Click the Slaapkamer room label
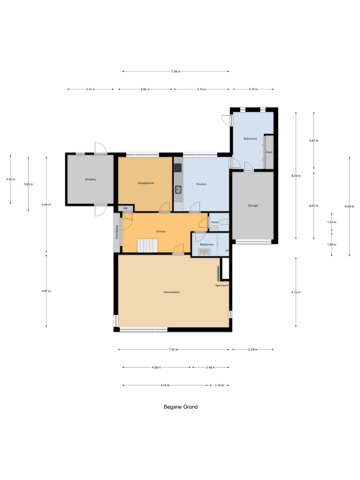[x=146, y=183]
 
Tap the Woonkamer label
[x=172, y=292]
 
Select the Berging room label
[x=90, y=179]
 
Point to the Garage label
[x=253, y=206]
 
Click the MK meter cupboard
[x=125, y=208]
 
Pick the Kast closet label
[x=269, y=152]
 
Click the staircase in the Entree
[x=148, y=245]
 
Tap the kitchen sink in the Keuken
[x=178, y=189]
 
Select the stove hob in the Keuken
[x=178, y=168]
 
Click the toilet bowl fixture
[x=224, y=222]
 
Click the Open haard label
[x=221, y=285]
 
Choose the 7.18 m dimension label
[x=176, y=71]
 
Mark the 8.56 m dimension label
[x=296, y=176]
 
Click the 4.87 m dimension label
[x=46, y=291]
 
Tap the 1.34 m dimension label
[x=219, y=385]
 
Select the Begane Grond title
[x=181, y=407]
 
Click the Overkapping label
[x=117, y=232]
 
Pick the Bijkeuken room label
[x=250, y=139]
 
